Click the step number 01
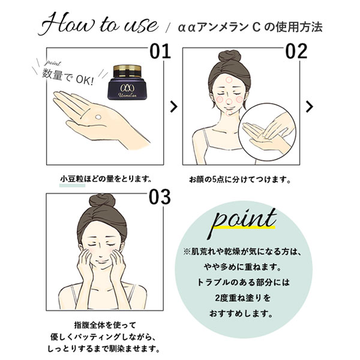(157, 51)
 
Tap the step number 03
(157, 196)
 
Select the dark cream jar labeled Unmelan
(125, 82)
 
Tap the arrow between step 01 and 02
(173, 106)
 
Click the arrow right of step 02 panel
(310, 106)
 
